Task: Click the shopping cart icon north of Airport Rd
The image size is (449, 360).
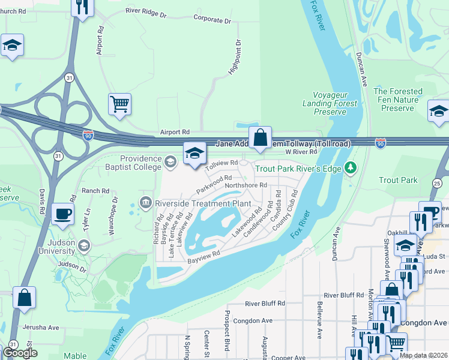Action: click(x=119, y=104)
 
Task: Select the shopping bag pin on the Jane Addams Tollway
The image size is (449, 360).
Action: click(x=260, y=137)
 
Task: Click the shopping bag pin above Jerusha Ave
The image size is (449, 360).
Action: click(x=24, y=298)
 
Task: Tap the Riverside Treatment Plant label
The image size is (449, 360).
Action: click(x=204, y=203)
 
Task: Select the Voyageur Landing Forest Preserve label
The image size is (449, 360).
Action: click(x=335, y=103)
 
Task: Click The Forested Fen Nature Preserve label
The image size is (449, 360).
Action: click(x=397, y=100)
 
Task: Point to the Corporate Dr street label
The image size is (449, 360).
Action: click(x=212, y=20)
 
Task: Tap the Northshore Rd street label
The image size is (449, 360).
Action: click(x=246, y=185)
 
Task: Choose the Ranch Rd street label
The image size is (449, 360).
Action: click(x=96, y=191)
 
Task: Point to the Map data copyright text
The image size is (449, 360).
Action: click(x=423, y=355)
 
